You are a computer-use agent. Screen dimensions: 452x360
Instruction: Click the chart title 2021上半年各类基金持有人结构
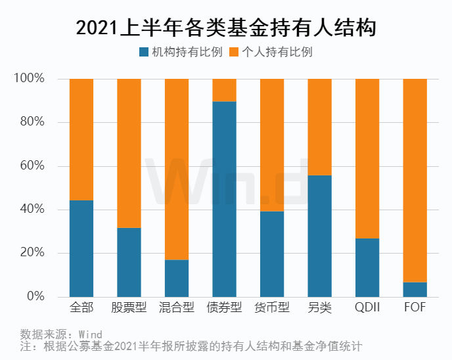tap(226, 28)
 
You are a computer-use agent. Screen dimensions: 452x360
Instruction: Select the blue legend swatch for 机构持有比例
tap(144, 52)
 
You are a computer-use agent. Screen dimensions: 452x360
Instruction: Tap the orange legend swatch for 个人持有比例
tap(234, 52)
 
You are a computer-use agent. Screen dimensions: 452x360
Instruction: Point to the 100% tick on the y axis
tap(29, 78)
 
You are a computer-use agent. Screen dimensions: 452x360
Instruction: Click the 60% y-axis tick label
tap(32, 166)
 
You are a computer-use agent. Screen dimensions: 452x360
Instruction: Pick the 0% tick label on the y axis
tap(35, 296)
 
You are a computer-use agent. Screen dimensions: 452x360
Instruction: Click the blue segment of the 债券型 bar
tap(224, 199)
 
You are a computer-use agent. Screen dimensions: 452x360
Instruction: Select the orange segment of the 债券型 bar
tap(224, 90)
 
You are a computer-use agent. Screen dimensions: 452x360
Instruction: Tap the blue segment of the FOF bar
tap(415, 290)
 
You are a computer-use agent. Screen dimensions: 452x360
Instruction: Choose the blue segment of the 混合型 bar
tap(177, 279)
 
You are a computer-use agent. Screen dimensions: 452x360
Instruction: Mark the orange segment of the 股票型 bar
tap(129, 153)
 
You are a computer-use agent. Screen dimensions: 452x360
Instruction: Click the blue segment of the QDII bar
tap(367, 267)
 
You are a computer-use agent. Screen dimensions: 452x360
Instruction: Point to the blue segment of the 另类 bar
tap(320, 236)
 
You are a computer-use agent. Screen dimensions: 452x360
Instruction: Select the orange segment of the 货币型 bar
tap(272, 145)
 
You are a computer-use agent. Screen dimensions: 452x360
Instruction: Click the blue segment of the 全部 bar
tap(81, 248)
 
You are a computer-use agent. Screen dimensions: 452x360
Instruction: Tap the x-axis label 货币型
tap(272, 307)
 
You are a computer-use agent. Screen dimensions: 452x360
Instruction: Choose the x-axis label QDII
tap(367, 307)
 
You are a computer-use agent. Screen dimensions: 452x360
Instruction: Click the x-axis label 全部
tap(81, 307)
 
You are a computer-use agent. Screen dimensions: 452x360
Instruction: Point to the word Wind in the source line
tap(91, 334)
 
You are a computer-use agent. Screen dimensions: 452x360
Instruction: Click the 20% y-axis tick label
tap(32, 252)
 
